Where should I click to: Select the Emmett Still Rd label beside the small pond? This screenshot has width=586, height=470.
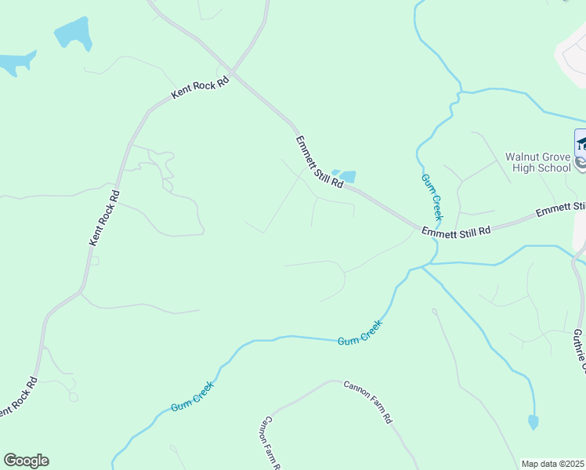pyautogui.click(x=319, y=162)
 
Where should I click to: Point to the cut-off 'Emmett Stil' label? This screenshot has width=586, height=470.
pyautogui.click(x=561, y=209)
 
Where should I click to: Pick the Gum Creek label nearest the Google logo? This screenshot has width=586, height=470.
pyautogui.click(x=193, y=398)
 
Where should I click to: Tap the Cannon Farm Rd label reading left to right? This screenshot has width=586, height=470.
pyautogui.click(x=367, y=401)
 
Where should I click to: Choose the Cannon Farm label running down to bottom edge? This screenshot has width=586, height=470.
pyautogui.click(x=270, y=442)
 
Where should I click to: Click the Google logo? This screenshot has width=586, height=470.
pyautogui.click(x=26, y=461)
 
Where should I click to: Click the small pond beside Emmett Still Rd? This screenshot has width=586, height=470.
pyautogui.click(x=343, y=177)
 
